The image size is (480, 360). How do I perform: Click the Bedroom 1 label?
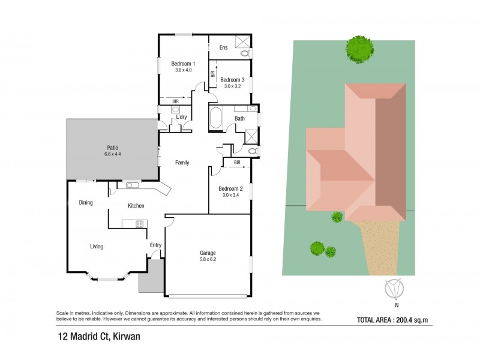(x=183, y=64)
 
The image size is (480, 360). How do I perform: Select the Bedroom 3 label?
(x=232, y=80)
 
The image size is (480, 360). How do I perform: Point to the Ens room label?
(x=223, y=47)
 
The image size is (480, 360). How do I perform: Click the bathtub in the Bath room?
(x=215, y=118)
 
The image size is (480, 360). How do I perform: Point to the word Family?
(x=183, y=163)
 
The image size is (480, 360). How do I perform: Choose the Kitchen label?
(x=136, y=206)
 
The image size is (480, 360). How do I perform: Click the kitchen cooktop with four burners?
(x=139, y=224)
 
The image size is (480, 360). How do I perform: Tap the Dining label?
(x=86, y=202)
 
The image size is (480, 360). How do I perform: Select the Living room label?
(x=96, y=246)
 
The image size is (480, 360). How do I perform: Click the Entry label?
(x=155, y=245)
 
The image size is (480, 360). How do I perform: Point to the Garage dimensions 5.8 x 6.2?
(x=208, y=260)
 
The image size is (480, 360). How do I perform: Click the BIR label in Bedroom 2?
(x=237, y=162)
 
